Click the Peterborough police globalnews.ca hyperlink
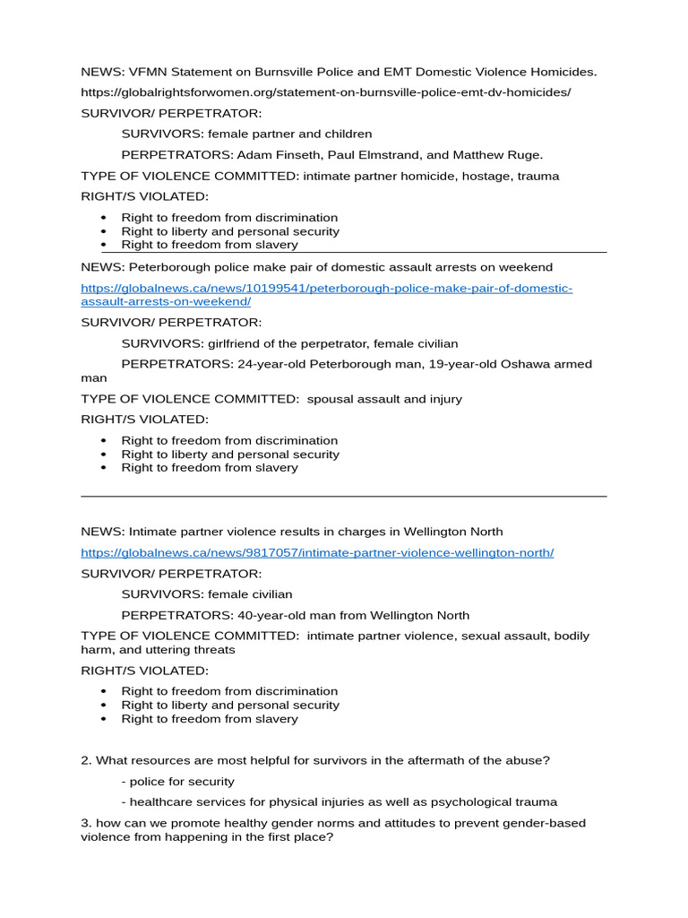coord(326,289)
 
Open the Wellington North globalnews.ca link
coord(317,553)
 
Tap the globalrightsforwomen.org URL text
coord(325,92)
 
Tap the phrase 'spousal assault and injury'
coord(384,399)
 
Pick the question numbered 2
coord(315,760)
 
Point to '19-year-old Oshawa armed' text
coord(508,365)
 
